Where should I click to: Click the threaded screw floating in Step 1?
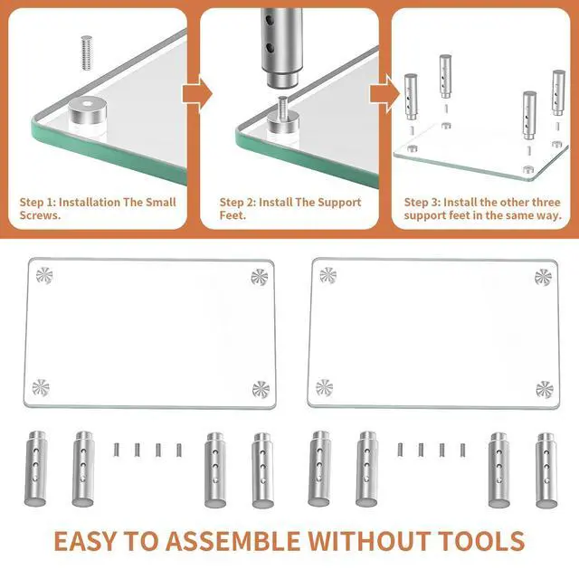point(87,52)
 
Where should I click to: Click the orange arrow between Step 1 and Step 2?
point(197,94)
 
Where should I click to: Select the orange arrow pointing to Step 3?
point(384,94)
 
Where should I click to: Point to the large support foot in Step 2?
point(281,48)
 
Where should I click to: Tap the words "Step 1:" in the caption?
point(38,203)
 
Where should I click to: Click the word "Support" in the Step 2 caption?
point(339,203)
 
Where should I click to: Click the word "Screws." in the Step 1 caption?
point(40,215)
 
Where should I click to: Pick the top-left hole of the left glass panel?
point(44,275)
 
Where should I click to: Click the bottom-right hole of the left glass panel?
point(261,390)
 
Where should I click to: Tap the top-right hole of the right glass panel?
point(543,278)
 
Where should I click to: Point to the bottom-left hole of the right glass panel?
point(324,388)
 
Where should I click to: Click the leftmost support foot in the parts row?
point(36,469)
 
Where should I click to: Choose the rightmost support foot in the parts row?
point(546,470)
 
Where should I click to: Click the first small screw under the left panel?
point(117,450)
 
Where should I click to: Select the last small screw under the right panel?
point(462,450)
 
